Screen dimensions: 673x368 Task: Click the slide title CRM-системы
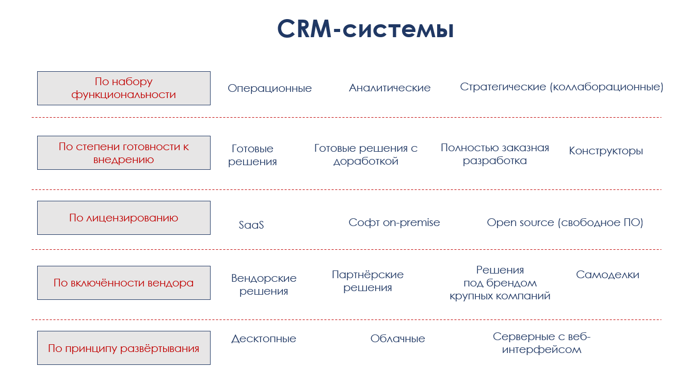pos(365,29)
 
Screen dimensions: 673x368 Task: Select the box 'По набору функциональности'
pos(124,88)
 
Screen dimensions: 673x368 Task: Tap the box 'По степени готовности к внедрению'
pos(124,153)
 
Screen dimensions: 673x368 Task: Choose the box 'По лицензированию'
pos(124,218)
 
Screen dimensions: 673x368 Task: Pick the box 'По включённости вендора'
pos(124,283)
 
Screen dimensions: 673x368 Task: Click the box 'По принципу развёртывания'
pos(124,348)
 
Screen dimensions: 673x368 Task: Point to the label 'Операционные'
pos(269,88)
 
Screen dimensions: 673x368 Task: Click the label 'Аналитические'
pos(390,88)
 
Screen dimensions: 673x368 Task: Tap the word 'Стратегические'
pos(503,87)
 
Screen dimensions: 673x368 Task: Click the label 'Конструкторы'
pos(606,151)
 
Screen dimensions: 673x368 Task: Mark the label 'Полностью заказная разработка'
pos(494,154)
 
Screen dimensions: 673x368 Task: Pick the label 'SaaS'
pos(251,225)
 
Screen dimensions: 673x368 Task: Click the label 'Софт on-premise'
pos(394,222)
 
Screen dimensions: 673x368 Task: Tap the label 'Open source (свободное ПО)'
pos(565,222)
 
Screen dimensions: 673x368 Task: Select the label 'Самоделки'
pos(607,275)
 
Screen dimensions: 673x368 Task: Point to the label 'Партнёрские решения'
pos(367,281)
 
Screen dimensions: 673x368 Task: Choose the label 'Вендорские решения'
pos(264,285)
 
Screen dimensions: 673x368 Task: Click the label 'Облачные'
pos(397,339)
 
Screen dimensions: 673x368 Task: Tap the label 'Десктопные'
pos(264,339)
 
